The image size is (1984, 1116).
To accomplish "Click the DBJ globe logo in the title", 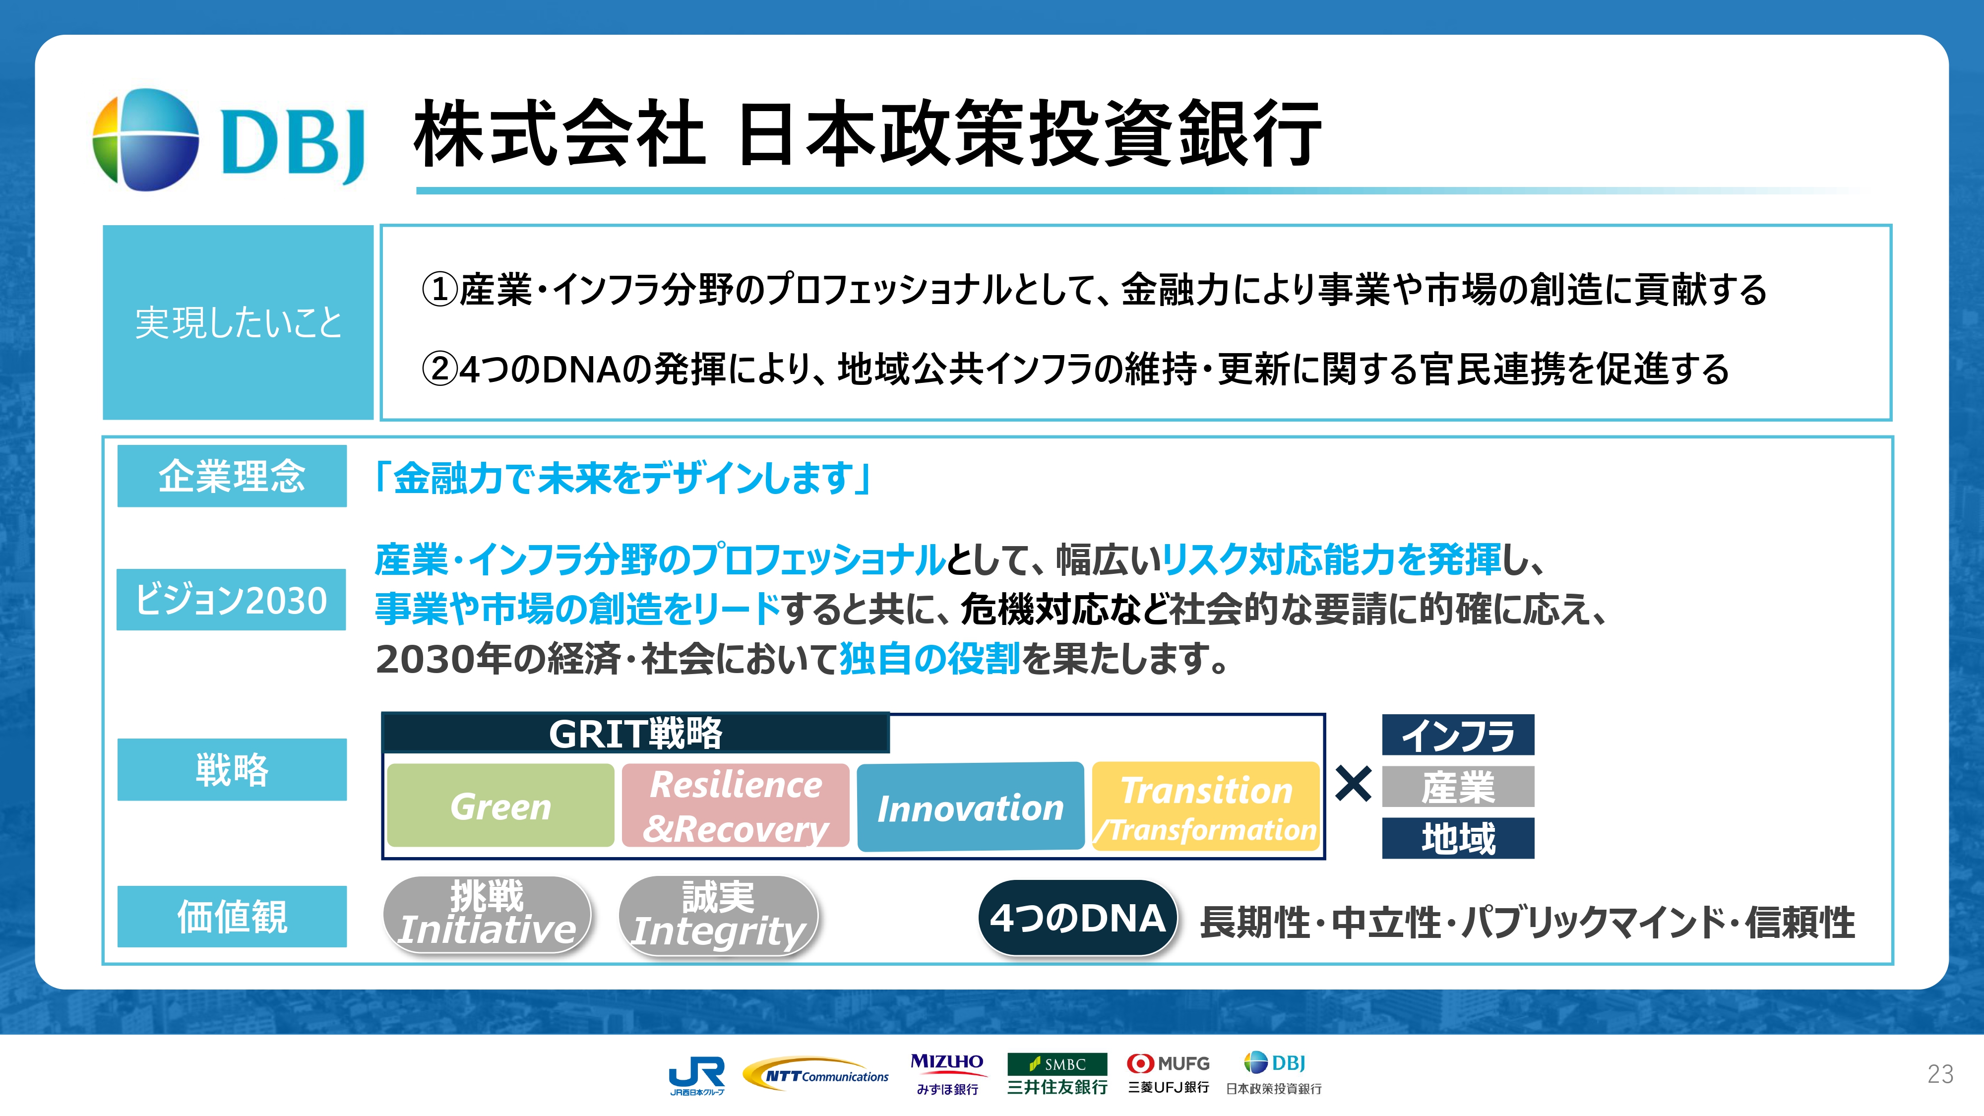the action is (145, 139).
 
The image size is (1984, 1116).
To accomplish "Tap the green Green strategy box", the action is (500, 806).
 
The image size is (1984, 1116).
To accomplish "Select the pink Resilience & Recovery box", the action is (736, 806).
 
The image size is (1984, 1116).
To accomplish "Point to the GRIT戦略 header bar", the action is (636, 733).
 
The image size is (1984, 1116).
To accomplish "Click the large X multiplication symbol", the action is (1353, 784).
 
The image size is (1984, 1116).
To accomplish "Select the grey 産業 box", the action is (1458, 786).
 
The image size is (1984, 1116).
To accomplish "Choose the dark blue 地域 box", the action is (1458, 838).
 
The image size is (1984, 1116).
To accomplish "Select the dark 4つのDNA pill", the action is (1077, 917).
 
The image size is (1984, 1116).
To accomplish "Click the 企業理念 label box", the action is (232, 476).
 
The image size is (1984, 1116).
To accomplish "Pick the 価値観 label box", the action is (232, 917).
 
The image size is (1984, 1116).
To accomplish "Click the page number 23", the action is (1940, 1074).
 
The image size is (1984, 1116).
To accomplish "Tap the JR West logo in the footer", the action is (697, 1075).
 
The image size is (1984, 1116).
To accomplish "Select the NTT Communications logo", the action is (815, 1074).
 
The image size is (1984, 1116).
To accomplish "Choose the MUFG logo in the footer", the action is (1169, 1074).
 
